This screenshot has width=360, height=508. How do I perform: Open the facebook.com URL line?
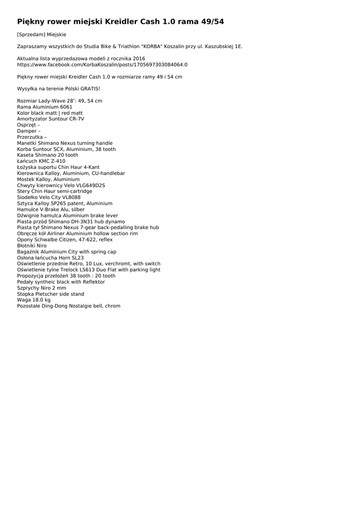point(102,64)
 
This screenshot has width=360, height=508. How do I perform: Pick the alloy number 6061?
point(66,107)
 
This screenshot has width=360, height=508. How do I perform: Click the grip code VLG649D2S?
point(90,186)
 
